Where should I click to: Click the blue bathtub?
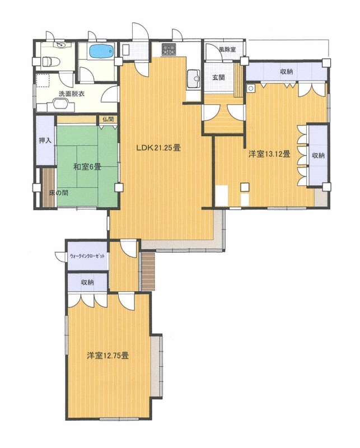pyautogui.click(x=102, y=52)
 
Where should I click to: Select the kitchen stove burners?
pyautogui.click(x=169, y=49)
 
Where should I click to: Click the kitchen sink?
pyautogui.click(x=194, y=79)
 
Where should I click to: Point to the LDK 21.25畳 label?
pyautogui.click(x=158, y=148)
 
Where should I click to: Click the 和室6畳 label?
pyautogui.click(x=87, y=166)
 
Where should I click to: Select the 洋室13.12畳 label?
pyautogui.click(x=270, y=155)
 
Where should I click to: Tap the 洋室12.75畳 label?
pyautogui.click(x=107, y=356)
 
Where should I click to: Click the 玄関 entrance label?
pyautogui.click(x=219, y=77)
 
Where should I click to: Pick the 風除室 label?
pyautogui.click(x=227, y=49)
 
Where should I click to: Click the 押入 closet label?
pyautogui.click(x=45, y=141)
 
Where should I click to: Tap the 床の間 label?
pyautogui.click(x=59, y=193)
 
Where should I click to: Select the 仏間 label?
pyautogui.click(x=108, y=119)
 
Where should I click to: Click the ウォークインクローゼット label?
pyautogui.click(x=87, y=256)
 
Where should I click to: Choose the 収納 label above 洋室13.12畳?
pyautogui.click(x=287, y=72)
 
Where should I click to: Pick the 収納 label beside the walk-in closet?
pyautogui.click(x=87, y=283)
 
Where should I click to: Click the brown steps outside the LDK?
pyautogui.click(x=148, y=272)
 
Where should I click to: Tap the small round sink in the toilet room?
pyautogui.click(x=60, y=45)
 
